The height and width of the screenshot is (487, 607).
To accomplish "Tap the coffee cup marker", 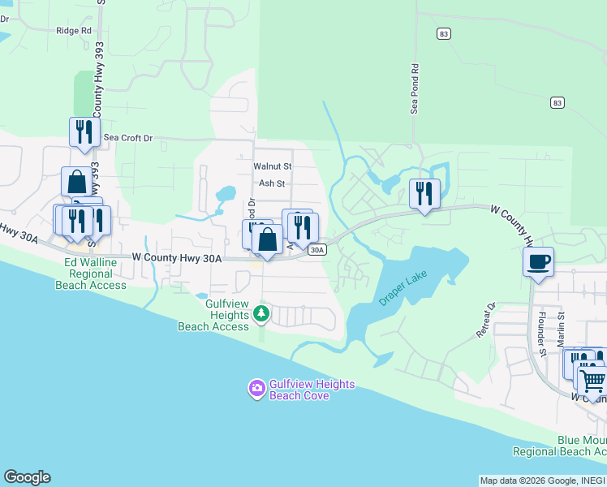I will (538, 262).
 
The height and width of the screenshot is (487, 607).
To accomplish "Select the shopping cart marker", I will (592, 379).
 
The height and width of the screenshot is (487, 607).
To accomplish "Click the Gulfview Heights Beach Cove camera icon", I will (257, 389).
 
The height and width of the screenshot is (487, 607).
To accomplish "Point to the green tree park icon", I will (260, 312).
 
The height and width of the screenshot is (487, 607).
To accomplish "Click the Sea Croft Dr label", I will (127, 138).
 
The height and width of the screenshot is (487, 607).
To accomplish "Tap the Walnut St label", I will (272, 166).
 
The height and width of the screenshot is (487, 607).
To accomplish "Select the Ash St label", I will (271, 183).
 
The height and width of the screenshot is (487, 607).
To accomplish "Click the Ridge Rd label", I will (74, 31).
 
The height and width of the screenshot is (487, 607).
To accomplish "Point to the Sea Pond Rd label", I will (414, 89).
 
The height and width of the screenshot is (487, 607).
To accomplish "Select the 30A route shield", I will (318, 250).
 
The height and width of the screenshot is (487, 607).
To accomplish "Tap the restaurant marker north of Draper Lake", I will (424, 193).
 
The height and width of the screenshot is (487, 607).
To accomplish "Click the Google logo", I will (27, 477).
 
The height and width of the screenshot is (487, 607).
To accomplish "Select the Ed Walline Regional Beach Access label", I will (91, 274).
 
